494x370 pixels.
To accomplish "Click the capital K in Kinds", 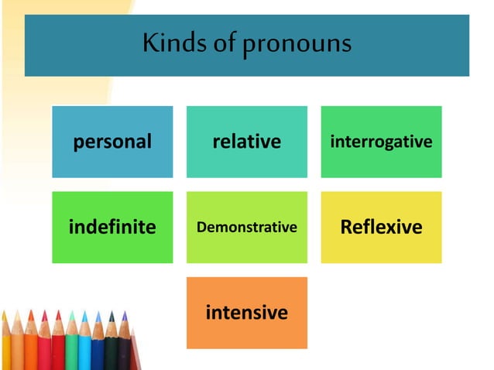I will point(149,43).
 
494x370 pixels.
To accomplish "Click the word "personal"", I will point(112,142).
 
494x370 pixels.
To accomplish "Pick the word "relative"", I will point(246,142).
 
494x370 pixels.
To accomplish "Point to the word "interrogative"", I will point(381,142).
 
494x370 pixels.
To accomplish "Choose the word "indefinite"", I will point(112,227).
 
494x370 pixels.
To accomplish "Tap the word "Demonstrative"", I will point(246,227).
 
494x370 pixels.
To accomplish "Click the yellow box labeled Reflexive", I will point(381,227).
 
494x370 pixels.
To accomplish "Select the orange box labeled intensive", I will point(246,313).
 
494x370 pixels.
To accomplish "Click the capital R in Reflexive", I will point(347,227).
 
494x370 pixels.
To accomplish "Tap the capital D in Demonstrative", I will point(201,227).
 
